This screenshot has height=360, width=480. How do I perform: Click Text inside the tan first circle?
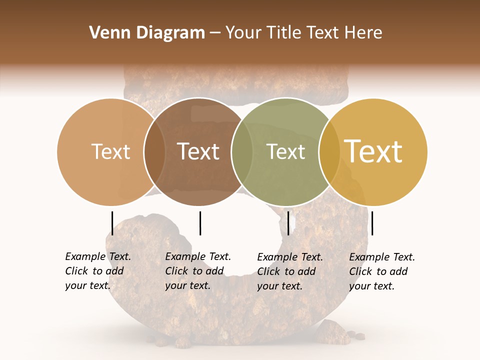point(110,151)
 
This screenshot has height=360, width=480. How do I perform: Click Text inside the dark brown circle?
point(198,151)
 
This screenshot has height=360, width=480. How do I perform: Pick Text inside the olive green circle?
point(285,151)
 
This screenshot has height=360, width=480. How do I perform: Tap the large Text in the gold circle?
point(373,151)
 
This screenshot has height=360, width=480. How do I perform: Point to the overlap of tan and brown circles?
point(155,152)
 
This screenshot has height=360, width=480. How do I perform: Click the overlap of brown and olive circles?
point(242,152)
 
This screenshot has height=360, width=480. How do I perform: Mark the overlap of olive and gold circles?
point(329,152)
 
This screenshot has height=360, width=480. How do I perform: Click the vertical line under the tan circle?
point(112,223)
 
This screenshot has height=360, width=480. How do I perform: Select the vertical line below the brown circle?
point(200,223)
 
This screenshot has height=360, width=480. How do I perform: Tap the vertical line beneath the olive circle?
point(288,223)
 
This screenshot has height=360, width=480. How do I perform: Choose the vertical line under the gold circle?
point(372,223)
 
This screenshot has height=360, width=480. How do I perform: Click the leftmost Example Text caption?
point(97,271)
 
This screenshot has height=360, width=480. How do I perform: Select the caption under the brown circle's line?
point(197,271)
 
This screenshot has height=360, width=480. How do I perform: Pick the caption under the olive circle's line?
point(289,271)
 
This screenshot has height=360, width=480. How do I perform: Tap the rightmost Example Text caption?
point(381,271)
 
